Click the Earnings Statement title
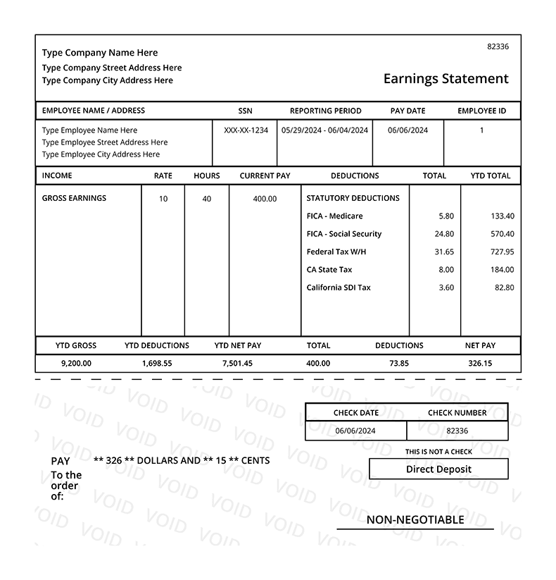[x=446, y=79]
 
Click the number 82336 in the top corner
[x=498, y=47]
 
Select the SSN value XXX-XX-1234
[x=246, y=130]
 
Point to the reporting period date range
[x=324, y=130]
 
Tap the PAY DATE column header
[x=407, y=111]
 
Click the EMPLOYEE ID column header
[x=481, y=111]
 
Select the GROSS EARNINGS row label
[x=74, y=198]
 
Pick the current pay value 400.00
[x=265, y=199]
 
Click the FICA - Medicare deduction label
[x=334, y=216]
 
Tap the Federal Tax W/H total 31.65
[x=444, y=252]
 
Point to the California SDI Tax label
[x=339, y=288]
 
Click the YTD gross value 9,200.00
[x=76, y=364]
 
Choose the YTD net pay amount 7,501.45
[x=237, y=364]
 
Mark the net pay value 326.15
[x=480, y=364]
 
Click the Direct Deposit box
[x=438, y=469]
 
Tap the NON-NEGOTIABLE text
[x=415, y=520]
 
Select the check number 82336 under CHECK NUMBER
[x=457, y=431]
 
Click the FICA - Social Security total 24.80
[x=444, y=234]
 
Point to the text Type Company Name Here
[x=100, y=53]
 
